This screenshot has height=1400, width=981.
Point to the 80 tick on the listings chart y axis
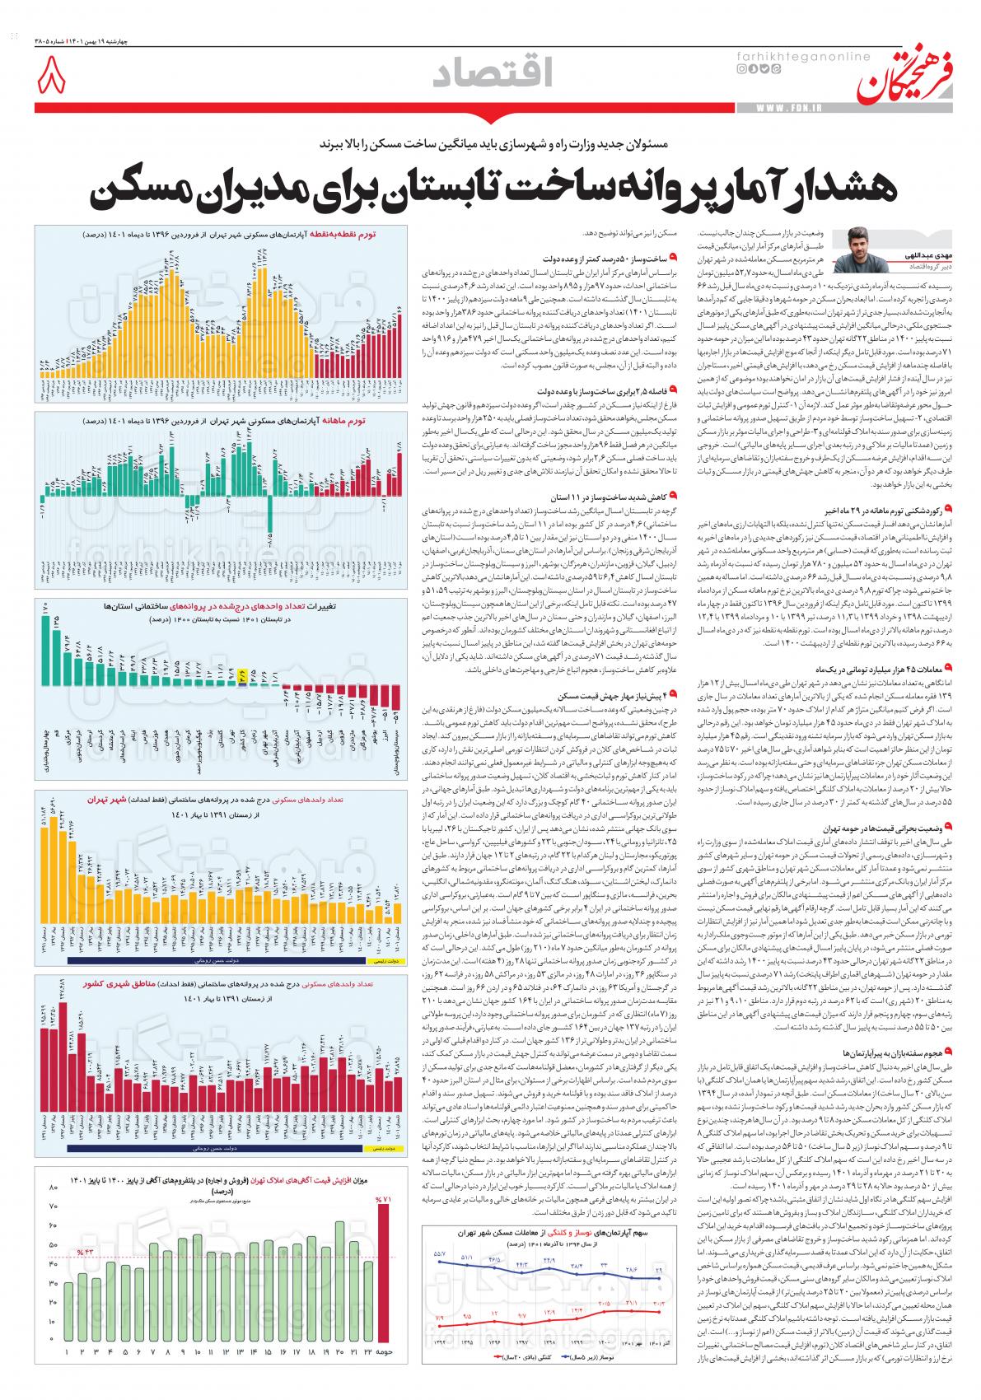click(x=54, y=1188)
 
